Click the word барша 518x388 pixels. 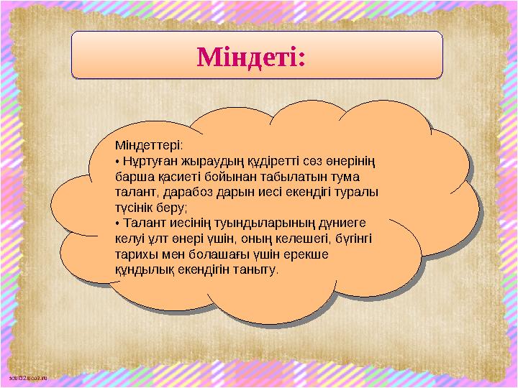click(131, 177)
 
